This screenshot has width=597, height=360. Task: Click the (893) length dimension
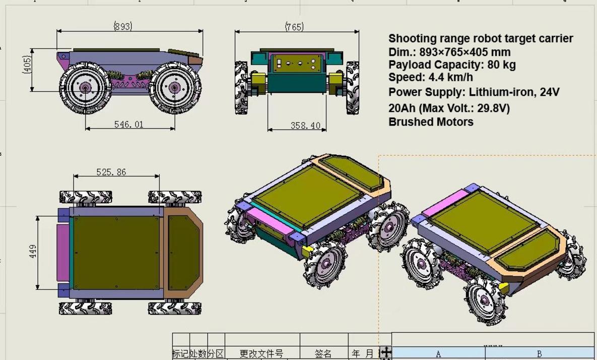pyautogui.click(x=123, y=26)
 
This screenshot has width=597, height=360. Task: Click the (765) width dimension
pyautogui.click(x=294, y=27)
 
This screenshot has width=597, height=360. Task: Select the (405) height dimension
pyautogui.click(x=27, y=65)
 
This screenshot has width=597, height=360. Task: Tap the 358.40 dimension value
pyautogui.click(x=305, y=126)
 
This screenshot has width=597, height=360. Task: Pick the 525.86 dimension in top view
pyautogui.click(x=111, y=172)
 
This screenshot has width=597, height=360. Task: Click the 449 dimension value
pyautogui.click(x=33, y=252)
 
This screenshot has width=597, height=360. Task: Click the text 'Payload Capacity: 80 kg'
pyautogui.click(x=452, y=65)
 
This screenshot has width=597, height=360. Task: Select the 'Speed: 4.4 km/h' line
pyautogui.click(x=430, y=77)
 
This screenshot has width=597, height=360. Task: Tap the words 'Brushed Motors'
pyautogui.click(x=431, y=122)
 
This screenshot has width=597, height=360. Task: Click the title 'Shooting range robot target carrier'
pyautogui.click(x=481, y=39)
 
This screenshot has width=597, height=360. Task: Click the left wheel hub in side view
pyautogui.click(x=85, y=88)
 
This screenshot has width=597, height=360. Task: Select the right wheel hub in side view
pyautogui.click(x=174, y=88)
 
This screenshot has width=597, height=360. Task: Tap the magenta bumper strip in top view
pyautogui.click(x=62, y=252)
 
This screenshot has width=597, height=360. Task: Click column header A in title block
pyautogui.click(x=438, y=354)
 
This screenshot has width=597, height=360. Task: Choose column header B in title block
pyautogui.click(x=540, y=354)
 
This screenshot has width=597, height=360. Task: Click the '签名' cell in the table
pyautogui.click(x=323, y=354)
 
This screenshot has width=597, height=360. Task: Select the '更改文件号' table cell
pyautogui.click(x=261, y=354)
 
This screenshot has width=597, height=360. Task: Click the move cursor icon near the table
pyautogui.click(x=385, y=352)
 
